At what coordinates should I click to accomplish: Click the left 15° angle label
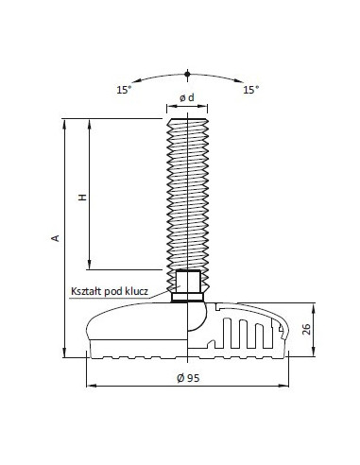point(124,90)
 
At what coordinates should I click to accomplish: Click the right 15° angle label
point(250,90)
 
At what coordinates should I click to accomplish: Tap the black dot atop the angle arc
point(187,75)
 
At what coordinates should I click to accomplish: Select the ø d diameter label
point(187,98)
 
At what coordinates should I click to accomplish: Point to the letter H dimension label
point(82,198)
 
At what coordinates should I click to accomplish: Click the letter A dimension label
point(55,238)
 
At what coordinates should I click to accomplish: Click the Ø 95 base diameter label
point(188,378)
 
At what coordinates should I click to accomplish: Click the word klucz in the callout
point(137,291)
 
